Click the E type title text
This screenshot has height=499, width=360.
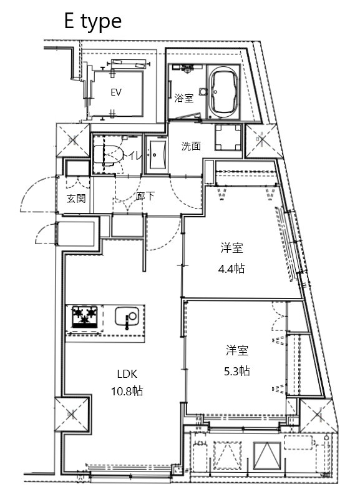[92, 21]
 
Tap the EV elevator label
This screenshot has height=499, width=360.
[115, 92]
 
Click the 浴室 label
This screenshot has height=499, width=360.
[183, 98]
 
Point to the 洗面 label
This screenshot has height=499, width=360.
[191, 147]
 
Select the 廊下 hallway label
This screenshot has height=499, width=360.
[145, 197]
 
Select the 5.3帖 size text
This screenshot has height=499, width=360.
[238, 370]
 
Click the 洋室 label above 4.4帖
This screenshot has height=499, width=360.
[231, 249]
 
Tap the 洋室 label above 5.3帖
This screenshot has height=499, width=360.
[238, 350]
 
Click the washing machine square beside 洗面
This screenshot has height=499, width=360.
[228, 138]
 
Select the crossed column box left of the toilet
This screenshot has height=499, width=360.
[73, 140]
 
